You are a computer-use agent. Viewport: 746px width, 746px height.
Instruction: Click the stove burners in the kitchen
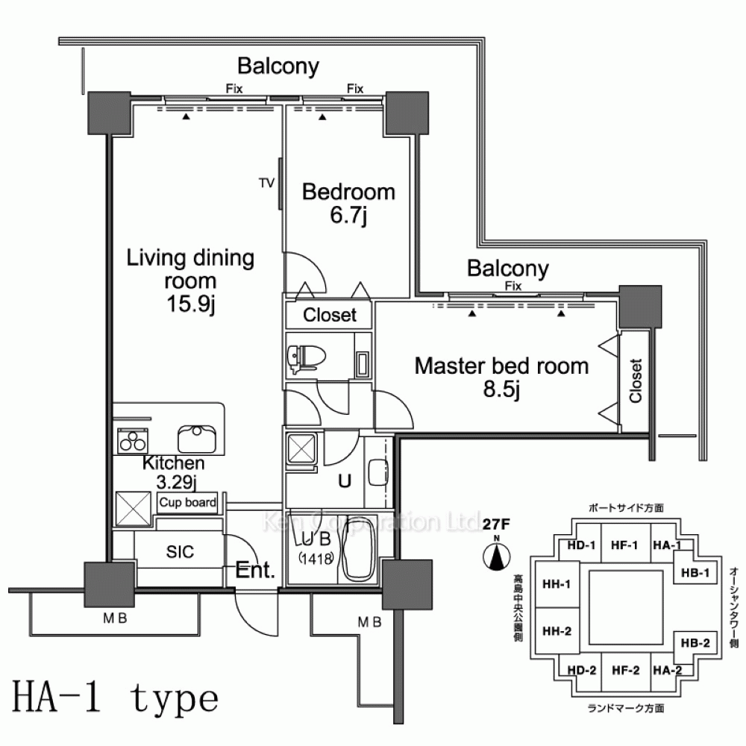click(x=133, y=442)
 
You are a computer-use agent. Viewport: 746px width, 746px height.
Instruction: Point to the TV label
click(x=266, y=182)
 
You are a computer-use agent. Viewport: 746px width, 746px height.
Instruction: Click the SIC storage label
click(x=180, y=552)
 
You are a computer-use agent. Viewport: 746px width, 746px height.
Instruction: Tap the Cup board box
click(x=187, y=503)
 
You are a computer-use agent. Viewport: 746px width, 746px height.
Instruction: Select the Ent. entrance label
click(x=256, y=571)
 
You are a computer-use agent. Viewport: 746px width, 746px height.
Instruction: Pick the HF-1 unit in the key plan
click(x=622, y=545)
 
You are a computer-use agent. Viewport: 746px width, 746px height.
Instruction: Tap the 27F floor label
click(x=495, y=524)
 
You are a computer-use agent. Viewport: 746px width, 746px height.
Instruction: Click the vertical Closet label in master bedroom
click(x=636, y=381)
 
